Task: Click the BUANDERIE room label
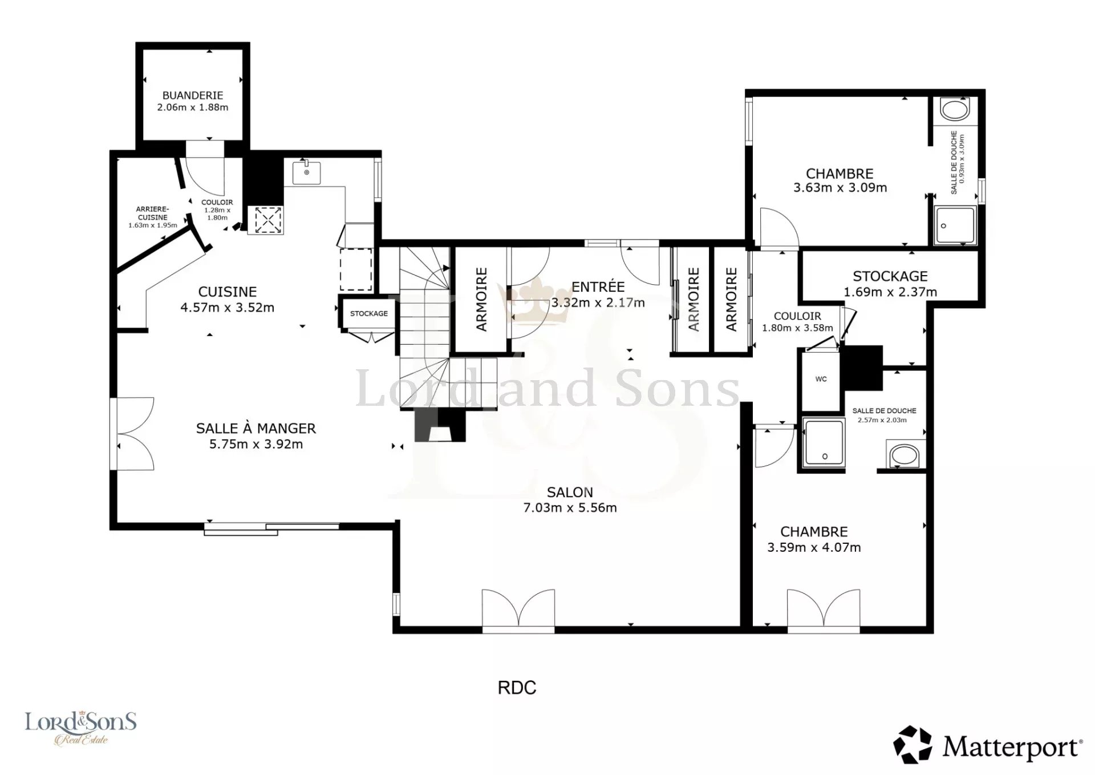point(193,95)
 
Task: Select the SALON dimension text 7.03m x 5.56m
point(570,508)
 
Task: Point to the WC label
point(821,379)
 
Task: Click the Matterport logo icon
point(912,745)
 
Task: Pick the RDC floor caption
point(517,688)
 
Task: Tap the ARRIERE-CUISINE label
point(152,213)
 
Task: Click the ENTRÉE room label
point(598,286)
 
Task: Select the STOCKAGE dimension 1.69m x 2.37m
point(890,292)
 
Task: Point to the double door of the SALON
point(518,610)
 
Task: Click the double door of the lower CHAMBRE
point(824,610)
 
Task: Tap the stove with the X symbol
point(269,220)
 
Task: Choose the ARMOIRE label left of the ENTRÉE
point(482,300)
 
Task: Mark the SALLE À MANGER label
point(255,428)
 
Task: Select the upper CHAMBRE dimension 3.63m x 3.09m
point(840,188)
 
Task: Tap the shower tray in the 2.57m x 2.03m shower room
point(824,442)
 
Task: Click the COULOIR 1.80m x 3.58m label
point(797,322)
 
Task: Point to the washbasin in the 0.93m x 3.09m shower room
point(955,109)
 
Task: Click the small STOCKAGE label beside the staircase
point(368,313)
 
